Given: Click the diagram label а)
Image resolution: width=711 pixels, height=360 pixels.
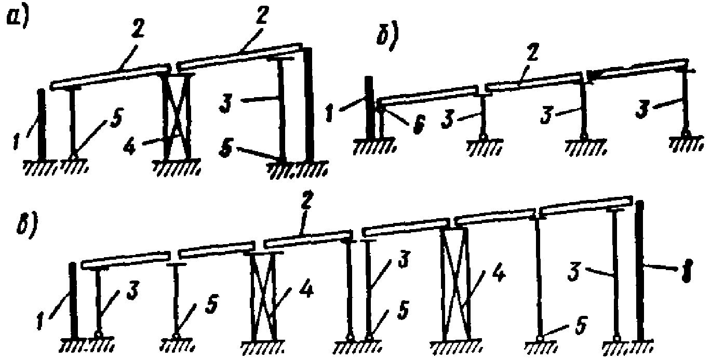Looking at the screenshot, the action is click(x=16, y=20).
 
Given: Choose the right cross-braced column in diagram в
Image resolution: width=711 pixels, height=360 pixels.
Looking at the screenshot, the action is click(x=455, y=283).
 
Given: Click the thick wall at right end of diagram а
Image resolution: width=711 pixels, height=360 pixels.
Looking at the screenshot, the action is click(x=310, y=104).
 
